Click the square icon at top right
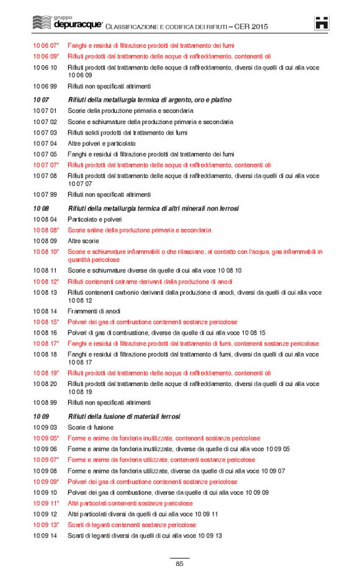pyautogui.click(x=322, y=22)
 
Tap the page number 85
pyautogui.click(x=179, y=564)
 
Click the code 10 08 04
pyautogui.click(x=45, y=219)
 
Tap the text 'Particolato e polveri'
pyautogui.click(x=94, y=219)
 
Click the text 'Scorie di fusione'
pyautogui.click(x=91, y=427)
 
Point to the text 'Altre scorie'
pyautogui.click(x=84, y=241)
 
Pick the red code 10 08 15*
pyautogui.click(x=46, y=322)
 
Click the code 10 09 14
pyautogui.click(x=45, y=536)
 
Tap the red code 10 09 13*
pyautogui.click(x=46, y=525)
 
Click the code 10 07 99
pyautogui.click(x=45, y=194)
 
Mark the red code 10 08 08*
pyautogui.click(x=46, y=230)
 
